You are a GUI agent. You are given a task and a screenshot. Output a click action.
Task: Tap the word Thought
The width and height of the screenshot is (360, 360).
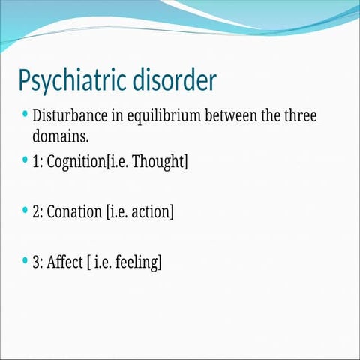[160, 162]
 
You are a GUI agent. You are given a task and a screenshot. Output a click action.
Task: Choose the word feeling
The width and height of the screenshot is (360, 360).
[136, 262]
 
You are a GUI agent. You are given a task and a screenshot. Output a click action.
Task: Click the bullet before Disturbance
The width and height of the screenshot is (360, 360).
[25, 115]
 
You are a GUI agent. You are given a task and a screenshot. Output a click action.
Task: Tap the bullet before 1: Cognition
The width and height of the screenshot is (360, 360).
[25, 160]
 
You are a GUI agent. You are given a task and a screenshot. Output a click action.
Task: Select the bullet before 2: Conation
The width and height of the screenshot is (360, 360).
[25, 211]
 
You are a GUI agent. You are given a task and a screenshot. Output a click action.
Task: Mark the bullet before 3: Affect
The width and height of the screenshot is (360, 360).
[25, 261]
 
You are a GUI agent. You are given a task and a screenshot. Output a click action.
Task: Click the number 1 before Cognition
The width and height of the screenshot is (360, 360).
[36, 162]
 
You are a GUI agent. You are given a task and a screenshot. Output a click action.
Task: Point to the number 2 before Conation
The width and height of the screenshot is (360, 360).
[36, 212]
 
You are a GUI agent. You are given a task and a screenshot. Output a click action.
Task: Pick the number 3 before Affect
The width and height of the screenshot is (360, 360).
[36, 262]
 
